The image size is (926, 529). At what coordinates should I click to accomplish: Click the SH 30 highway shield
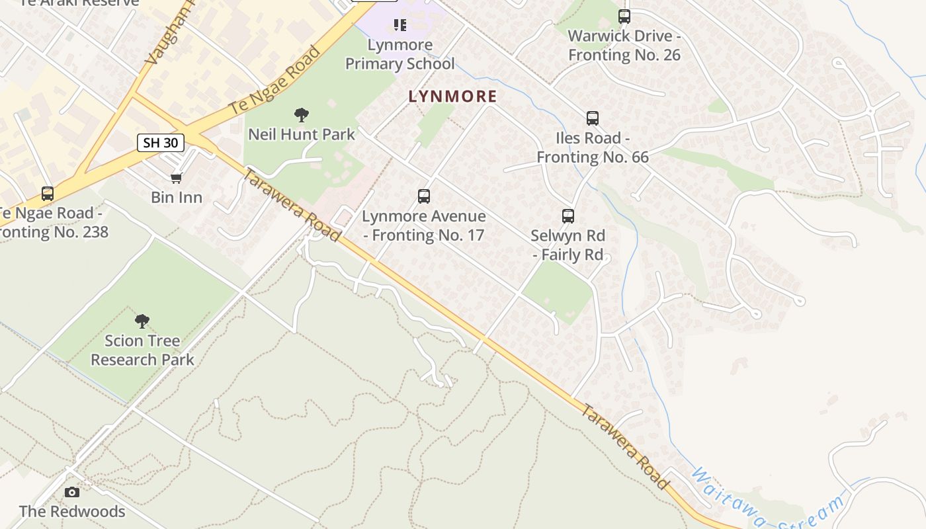coord(161,142)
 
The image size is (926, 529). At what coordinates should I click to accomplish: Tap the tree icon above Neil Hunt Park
coord(302,115)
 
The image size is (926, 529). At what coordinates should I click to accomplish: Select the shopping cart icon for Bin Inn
coord(176,178)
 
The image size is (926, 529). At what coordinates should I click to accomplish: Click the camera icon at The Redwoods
coord(72,492)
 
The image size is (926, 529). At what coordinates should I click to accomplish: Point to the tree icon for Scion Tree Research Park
coord(142,321)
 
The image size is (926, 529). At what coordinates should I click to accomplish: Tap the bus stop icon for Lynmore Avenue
coord(424,196)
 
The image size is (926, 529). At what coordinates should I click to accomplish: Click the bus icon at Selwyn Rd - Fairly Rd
coord(568,216)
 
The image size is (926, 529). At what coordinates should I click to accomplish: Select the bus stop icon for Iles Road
coord(593,118)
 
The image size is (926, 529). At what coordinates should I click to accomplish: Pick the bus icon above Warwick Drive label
coord(624,17)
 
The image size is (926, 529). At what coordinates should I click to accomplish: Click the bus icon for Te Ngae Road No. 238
coord(48,194)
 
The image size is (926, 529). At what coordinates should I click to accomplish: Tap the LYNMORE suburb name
coord(452,97)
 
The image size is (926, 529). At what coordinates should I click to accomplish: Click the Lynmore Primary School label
coord(400,54)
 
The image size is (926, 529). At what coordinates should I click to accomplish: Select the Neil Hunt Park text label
coord(302,134)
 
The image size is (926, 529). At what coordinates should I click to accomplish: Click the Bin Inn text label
coord(177,197)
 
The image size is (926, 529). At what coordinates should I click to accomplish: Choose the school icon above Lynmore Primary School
coord(400,25)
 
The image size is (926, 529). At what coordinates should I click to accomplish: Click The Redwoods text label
coord(72,511)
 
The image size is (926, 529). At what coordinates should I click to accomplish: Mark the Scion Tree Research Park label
coord(142,350)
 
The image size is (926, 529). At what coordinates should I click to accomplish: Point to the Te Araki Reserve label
coord(79,3)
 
